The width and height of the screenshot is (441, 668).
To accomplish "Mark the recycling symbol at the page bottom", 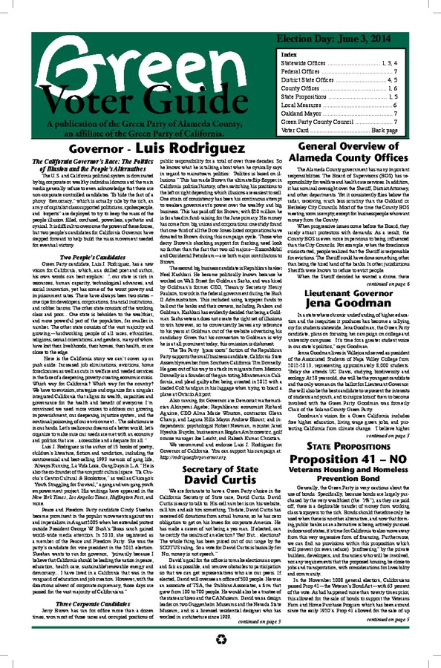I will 220,656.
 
